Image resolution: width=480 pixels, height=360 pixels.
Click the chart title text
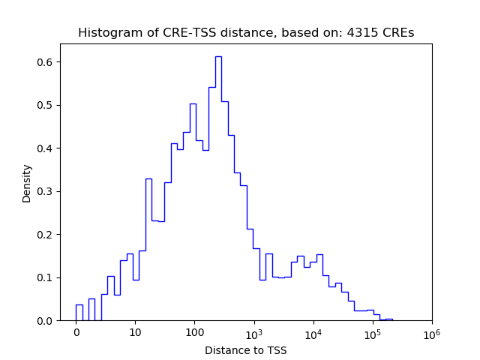click(x=246, y=33)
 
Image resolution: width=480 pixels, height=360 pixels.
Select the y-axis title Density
click(x=27, y=183)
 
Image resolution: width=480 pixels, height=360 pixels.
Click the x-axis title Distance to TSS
click(x=246, y=349)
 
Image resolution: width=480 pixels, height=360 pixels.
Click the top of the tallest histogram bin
click(x=218, y=56)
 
